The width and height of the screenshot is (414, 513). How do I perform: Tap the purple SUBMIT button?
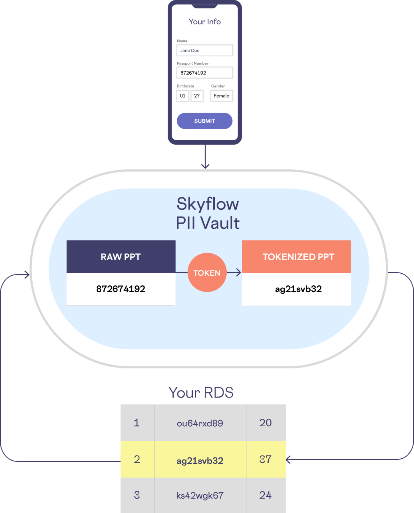(x=204, y=121)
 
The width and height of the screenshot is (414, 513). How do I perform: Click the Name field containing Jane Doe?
(x=204, y=50)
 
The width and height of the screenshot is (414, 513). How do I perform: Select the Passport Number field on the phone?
(x=204, y=73)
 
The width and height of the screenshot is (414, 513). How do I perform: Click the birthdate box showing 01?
(x=183, y=96)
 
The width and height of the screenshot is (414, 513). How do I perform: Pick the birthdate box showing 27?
(x=197, y=96)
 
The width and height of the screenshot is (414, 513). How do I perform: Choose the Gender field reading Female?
(x=222, y=96)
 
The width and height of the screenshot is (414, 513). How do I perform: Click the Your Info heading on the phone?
(x=204, y=22)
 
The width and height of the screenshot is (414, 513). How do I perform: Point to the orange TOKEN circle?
(x=207, y=272)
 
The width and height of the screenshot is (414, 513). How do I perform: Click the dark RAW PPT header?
(x=121, y=256)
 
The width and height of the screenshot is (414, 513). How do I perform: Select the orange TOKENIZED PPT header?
(x=296, y=256)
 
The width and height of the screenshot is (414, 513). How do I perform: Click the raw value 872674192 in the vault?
(x=121, y=289)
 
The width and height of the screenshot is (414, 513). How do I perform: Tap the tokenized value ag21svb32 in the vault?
(x=299, y=289)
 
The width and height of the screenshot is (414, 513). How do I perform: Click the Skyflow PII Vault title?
(x=208, y=213)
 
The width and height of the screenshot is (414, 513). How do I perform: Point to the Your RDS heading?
(x=201, y=393)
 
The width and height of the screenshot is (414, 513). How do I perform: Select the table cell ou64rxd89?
(x=200, y=423)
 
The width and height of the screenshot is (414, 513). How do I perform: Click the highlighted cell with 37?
(x=266, y=459)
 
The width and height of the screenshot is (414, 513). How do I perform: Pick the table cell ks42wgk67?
(x=200, y=495)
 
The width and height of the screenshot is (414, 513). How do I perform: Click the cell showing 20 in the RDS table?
(x=266, y=423)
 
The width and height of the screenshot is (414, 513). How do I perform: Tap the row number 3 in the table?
(x=137, y=495)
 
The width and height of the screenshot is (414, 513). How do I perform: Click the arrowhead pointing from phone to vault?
(x=205, y=166)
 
